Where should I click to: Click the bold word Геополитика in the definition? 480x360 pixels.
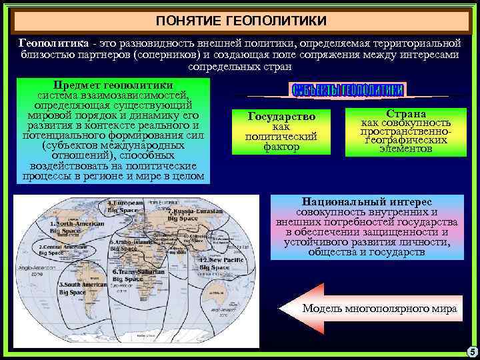point(45,43)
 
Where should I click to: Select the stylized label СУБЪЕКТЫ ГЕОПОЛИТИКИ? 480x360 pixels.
point(347,90)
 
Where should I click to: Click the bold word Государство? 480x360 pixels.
point(281,117)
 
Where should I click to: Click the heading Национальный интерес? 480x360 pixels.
point(367,201)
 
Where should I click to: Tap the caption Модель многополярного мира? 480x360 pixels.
point(379,309)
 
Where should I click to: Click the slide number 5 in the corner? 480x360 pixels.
point(471,352)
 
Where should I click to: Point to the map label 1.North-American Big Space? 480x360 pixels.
point(75,227)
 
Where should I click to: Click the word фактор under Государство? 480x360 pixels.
point(281,147)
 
